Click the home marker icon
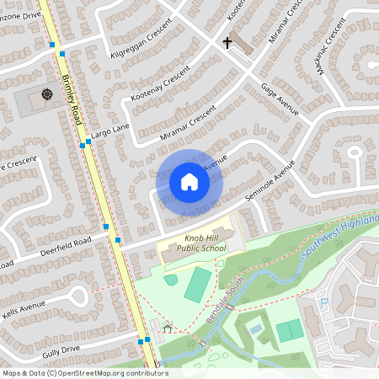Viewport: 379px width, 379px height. [x=189, y=182]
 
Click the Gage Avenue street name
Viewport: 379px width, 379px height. [x=280, y=99]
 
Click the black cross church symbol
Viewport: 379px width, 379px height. [x=227, y=41]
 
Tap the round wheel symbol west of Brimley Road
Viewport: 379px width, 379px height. [x=46, y=93]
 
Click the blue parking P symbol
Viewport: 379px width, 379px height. [x=323, y=302]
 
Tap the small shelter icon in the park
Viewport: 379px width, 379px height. [x=168, y=328]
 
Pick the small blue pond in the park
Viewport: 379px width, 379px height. [x=255, y=329]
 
